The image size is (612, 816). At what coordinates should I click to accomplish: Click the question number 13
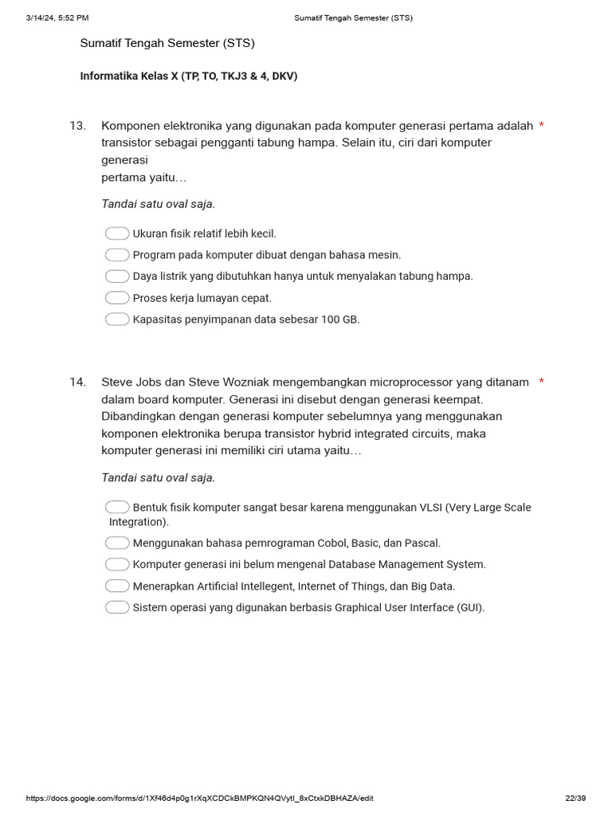(x=77, y=126)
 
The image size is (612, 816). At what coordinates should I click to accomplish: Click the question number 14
(x=77, y=382)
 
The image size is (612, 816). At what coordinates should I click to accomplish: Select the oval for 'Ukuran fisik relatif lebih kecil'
(x=117, y=233)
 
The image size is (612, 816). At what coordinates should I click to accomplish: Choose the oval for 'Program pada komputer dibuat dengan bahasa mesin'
(x=117, y=255)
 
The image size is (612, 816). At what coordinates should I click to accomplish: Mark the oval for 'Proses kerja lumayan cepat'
(x=117, y=298)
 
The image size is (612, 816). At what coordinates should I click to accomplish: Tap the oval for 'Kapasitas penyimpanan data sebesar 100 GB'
(x=117, y=320)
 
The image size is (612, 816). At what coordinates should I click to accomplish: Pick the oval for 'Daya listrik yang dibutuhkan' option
(x=117, y=277)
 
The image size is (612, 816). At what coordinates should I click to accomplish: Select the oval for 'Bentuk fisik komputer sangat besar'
(x=117, y=508)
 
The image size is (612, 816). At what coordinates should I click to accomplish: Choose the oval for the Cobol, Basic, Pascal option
(x=117, y=543)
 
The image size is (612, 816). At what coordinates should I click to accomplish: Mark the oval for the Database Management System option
(x=117, y=564)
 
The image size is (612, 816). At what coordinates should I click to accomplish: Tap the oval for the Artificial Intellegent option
(x=117, y=586)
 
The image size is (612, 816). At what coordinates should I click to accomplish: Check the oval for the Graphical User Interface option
(x=117, y=607)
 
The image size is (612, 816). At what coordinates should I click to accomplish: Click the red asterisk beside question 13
(x=542, y=126)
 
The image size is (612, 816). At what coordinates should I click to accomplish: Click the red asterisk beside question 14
(x=542, y=382)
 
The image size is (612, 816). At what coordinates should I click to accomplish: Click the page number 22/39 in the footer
(x=575, y=798)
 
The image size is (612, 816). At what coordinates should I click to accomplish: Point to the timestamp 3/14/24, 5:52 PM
(x=57, y=18)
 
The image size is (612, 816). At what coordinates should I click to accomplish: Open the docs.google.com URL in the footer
(x=199, y=798)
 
